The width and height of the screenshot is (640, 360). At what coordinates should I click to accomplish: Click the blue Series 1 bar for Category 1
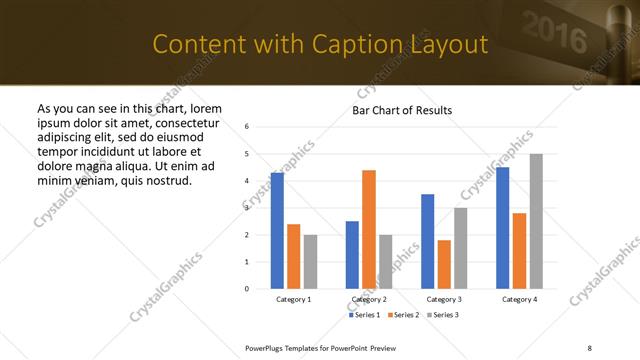277,231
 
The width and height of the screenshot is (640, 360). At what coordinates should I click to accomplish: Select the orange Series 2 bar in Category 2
369,230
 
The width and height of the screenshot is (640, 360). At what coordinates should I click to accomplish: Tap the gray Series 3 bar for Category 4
536,221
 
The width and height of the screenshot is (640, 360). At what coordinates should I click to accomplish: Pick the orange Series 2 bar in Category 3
444,264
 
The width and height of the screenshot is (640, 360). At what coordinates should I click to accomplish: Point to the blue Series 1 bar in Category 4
502,228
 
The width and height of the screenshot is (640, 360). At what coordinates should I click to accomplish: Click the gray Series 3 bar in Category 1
310,262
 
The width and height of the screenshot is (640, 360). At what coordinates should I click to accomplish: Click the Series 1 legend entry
364,315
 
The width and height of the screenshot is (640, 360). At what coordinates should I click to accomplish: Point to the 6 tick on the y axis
247,126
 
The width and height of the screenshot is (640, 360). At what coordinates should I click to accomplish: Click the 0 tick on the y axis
247,289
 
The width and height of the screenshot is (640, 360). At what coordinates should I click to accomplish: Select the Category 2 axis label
369,300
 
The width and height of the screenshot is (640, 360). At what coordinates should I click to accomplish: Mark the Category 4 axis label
519,300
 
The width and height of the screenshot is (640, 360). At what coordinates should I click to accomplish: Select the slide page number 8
589,347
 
